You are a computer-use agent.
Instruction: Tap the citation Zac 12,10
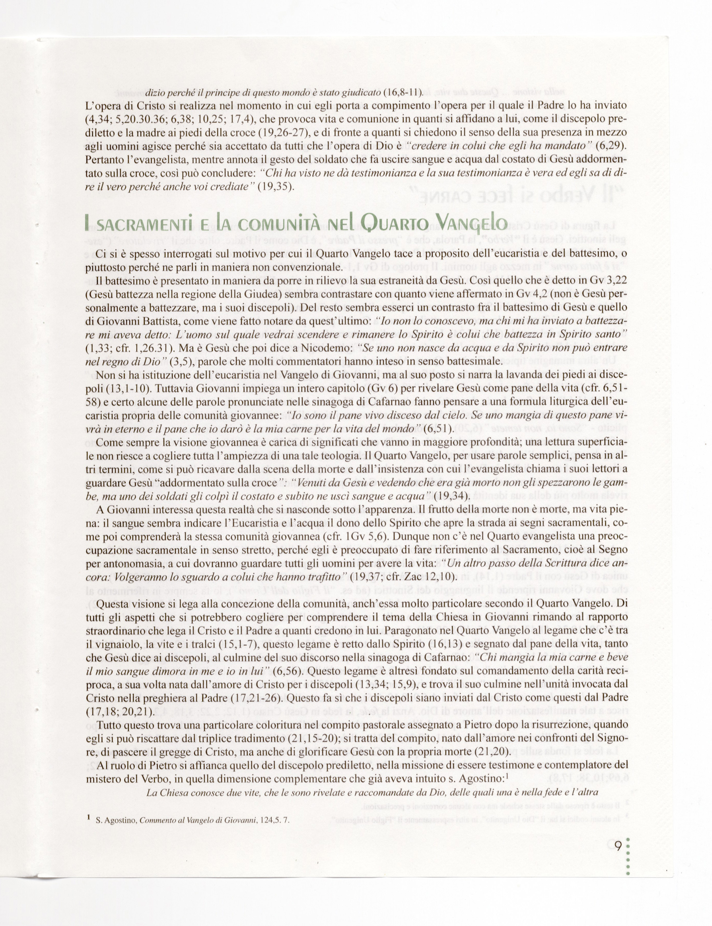(430, 577)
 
